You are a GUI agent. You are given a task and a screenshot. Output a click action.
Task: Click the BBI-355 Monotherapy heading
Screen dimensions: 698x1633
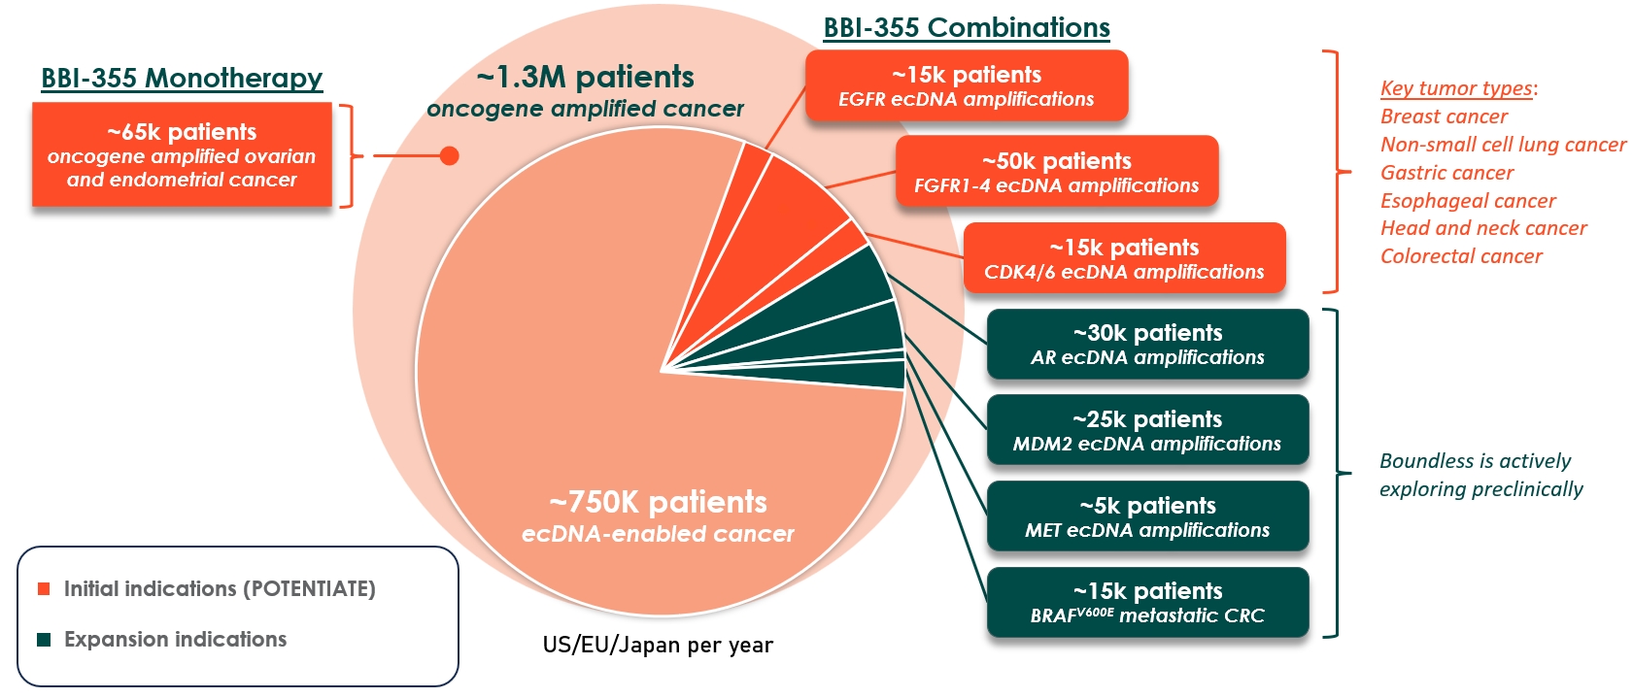pos(182,79)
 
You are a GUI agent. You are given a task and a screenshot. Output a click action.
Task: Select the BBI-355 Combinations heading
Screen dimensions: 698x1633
pos(966,28)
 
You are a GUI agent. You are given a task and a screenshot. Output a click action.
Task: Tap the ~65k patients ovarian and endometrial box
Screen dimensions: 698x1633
pos(182,155)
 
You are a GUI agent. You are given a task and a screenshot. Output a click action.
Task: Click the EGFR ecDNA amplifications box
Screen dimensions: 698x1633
pos(966,86)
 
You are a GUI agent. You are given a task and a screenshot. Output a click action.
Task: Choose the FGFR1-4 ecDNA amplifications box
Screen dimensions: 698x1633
pos(1056,172)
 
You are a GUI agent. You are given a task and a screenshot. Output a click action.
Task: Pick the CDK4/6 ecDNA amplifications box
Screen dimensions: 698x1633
pos(1124,258)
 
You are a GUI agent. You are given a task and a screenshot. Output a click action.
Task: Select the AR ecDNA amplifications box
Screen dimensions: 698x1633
pos(1147,345)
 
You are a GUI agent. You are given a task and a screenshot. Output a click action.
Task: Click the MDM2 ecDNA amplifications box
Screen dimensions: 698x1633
pos(1147,430)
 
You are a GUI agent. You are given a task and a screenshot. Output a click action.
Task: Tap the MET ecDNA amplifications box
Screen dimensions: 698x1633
pos(1147,516)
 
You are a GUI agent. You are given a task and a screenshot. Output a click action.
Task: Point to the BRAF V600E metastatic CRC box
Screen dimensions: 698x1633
pos(1147,603)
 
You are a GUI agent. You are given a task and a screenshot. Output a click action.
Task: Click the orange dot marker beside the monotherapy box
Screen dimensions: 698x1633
pos(449,155)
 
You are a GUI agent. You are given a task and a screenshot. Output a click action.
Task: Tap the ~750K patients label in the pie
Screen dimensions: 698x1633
pos(658,503)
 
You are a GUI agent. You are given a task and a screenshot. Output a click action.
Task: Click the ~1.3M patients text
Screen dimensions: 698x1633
pos(585,78)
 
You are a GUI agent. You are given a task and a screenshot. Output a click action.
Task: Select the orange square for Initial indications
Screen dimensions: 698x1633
pos(44,589)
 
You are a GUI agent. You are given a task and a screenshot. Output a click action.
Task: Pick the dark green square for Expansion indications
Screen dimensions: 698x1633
pos(44,640)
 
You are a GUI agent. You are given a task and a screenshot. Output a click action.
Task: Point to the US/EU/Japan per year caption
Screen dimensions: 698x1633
pos(658,646)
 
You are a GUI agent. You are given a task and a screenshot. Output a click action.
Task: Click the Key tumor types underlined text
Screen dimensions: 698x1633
pos(1455,88)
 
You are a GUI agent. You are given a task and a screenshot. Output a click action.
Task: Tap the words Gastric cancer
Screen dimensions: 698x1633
pos(1446,173)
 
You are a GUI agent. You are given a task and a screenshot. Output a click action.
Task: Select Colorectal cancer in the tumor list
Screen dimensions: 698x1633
pos(1461,256)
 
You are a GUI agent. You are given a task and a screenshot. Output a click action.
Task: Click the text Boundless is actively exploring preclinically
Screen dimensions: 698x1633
pos(1480,475)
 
